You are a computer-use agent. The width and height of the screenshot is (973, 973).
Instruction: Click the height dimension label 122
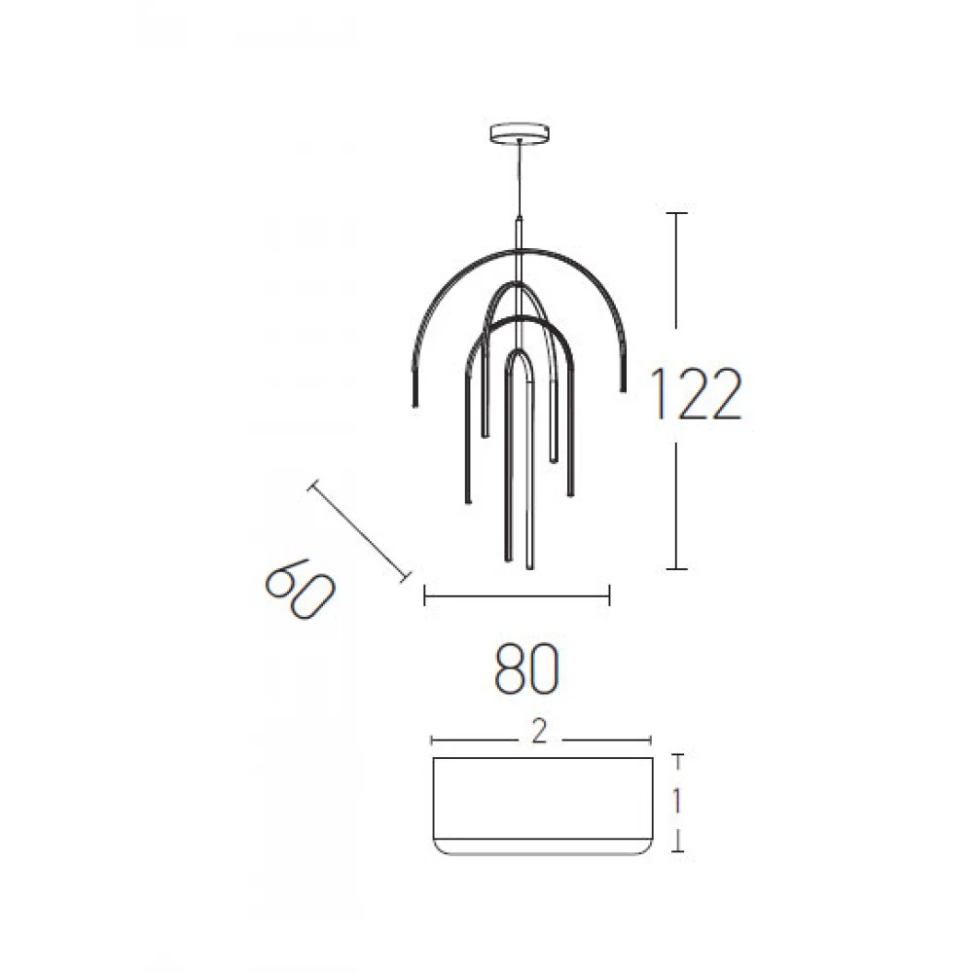[x=695, y=394]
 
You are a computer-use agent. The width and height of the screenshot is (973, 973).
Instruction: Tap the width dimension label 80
[x=526, y=669]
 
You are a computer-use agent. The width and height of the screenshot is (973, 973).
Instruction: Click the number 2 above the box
[x=539, y=733]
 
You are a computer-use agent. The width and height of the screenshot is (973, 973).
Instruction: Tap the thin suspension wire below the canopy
[x=520, y=180]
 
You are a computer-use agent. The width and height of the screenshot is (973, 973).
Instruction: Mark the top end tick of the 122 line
[x=676, y=213]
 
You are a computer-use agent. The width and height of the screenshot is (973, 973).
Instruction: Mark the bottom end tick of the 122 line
[x=676, y=568]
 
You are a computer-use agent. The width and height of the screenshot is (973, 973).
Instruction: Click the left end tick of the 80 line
[x=424, y=595]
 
